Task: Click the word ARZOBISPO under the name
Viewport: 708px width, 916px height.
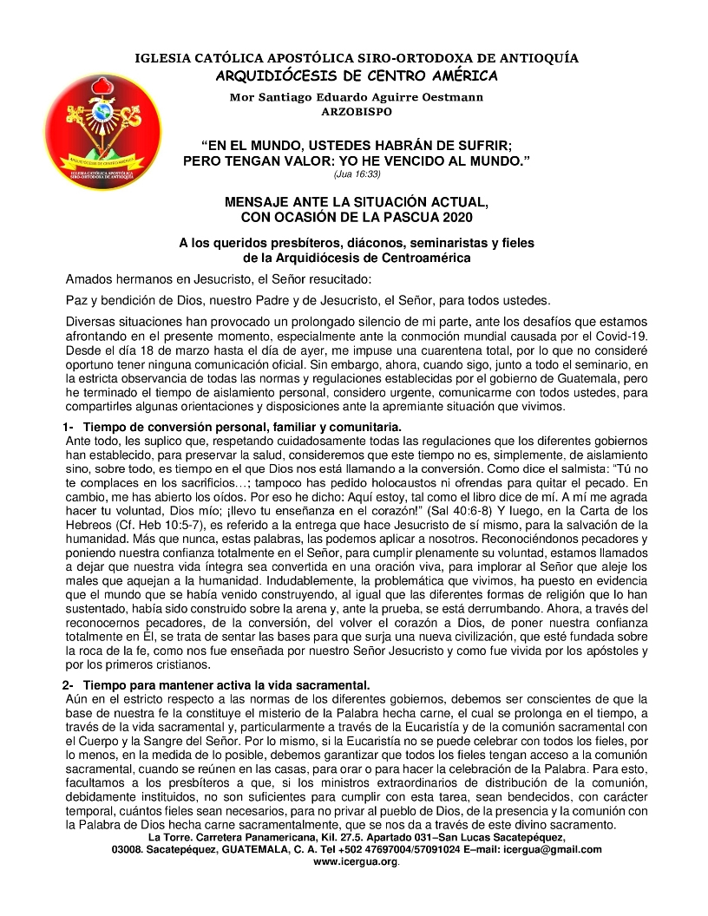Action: click(x=356, y=112)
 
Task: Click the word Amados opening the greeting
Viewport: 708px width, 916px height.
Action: click(x=89, y=279)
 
